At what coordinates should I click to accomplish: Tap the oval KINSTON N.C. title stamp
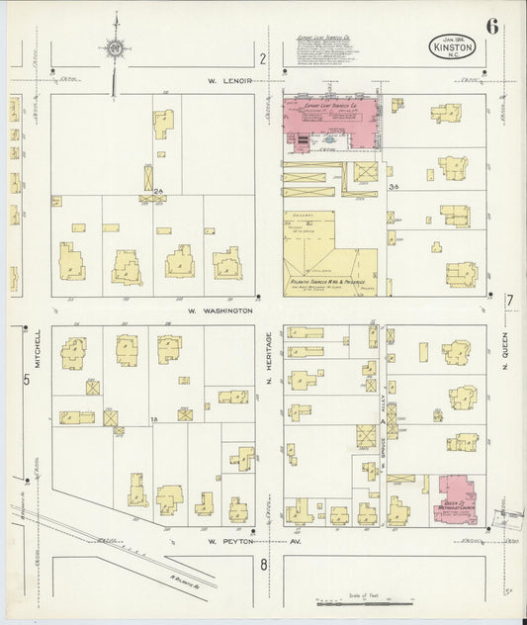coord(452,46)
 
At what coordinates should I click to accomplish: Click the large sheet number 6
coord(491,26)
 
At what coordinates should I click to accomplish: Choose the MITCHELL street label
coord(39,346)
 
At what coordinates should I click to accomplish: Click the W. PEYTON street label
coord(224,542)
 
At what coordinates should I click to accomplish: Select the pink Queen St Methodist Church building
coord(454,499)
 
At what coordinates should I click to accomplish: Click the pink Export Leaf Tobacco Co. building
coord(331,124)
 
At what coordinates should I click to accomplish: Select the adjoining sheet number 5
coord(27,379)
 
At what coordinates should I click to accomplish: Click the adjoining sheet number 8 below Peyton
coord(264,565)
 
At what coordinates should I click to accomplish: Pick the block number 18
coord(154,420)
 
